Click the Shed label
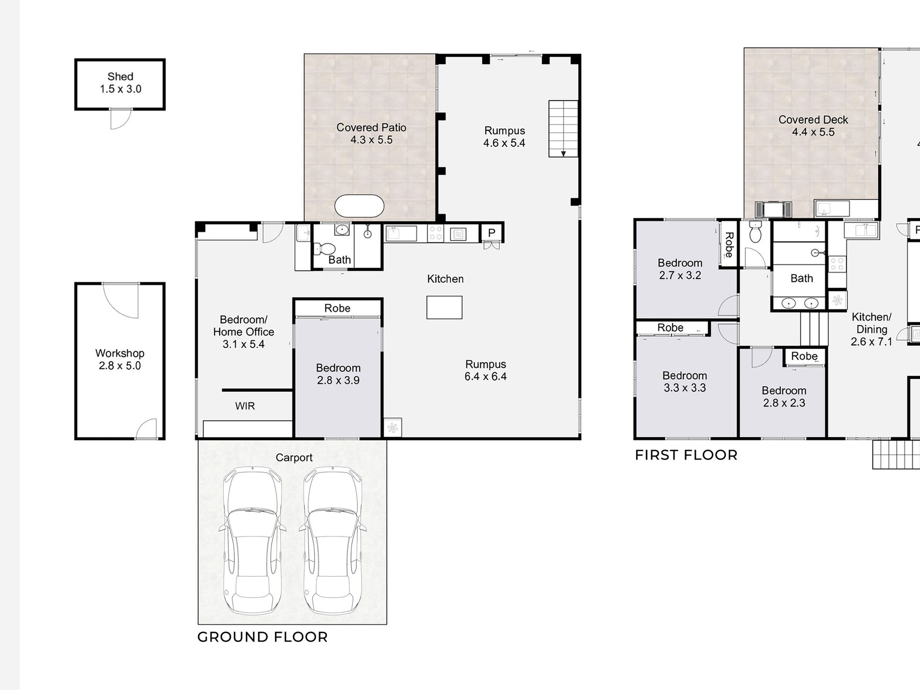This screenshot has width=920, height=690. [121, 77]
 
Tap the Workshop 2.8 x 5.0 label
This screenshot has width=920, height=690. [120, 359]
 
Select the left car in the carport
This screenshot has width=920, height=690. [252, 541]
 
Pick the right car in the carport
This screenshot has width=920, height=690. [333, 541]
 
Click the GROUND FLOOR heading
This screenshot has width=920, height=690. [262, 637]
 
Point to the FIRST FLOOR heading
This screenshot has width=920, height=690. [686, 455]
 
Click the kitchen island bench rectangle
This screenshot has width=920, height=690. [445, 307]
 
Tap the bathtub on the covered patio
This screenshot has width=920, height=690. [359, 206]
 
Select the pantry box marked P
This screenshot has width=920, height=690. [491, 233]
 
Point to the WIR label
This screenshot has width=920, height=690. [245, 406]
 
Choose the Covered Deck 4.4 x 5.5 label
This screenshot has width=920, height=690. [813, 126]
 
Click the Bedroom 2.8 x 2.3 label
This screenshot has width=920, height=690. [784, 397]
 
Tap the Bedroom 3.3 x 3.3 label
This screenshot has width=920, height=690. [685, 382]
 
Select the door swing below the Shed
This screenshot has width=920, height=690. [121, 119]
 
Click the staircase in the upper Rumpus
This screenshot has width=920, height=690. [563, 129]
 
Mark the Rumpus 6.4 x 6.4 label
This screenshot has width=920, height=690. [486, 370]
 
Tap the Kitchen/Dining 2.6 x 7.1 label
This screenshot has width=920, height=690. [872, 329]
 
